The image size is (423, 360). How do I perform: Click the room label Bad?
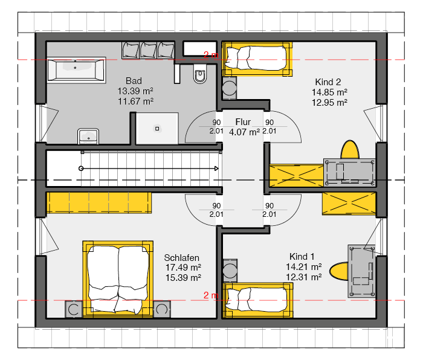[x=134, y=81]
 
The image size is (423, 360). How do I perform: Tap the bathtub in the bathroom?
[x=75, y=69]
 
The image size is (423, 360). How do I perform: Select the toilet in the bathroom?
[x=199, y=75]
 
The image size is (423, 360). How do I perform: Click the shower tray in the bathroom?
[x=157, y=128]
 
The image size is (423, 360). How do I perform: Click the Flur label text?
[x=243, y=122]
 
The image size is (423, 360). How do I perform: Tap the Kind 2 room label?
[x=328, y=82]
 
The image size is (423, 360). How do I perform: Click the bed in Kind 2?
[x=257, y=58]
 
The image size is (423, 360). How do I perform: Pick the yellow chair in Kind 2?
[x=350, y=149]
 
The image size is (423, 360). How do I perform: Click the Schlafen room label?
[x=182, y=258]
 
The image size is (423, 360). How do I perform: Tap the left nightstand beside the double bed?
[x=74, y=309]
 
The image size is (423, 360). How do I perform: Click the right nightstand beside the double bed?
[x=162, y=309]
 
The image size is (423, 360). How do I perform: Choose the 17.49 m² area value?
[x=183, y=268]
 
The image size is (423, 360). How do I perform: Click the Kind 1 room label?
[x=303, y=256]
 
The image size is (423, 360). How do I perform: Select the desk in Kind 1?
[x=362, y=270]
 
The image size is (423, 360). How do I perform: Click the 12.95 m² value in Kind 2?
[x=329, y=103]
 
